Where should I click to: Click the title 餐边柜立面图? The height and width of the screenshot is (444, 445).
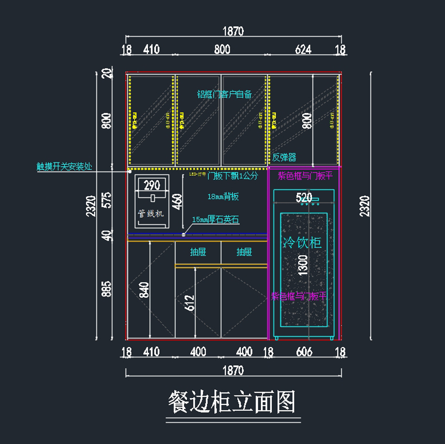pos(232,402)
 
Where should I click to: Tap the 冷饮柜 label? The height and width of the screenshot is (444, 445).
pos(302,243)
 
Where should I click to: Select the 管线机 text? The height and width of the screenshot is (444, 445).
pos(151,213)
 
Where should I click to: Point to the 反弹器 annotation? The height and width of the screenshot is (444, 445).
pos(284,157)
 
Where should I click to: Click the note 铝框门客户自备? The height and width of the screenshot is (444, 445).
pos(224,94)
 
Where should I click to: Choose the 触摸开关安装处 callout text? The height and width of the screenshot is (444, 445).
pos(64,167)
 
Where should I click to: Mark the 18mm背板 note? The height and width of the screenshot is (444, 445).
pos(223,197)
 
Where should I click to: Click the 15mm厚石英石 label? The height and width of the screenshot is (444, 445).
pos(215,220)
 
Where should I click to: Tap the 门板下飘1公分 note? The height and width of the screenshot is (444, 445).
pos(233,175)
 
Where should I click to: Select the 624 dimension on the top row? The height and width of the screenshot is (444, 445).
pos(303,49)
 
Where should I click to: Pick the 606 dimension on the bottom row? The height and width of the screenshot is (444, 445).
pos(304,352)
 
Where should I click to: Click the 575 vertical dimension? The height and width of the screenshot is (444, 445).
pos(106,200)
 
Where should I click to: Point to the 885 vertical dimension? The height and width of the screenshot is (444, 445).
pos(106,289)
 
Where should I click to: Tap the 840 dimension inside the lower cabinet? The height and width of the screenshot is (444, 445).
pos(144,290)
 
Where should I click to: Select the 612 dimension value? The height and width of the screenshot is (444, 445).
pos(189,303)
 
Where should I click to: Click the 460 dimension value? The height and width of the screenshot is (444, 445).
pos(177,201)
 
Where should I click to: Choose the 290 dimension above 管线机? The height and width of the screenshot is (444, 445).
pos(152,185)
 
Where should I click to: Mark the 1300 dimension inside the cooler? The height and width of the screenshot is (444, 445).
pos(303,265)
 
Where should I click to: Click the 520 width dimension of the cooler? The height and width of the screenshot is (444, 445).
pos(304,197)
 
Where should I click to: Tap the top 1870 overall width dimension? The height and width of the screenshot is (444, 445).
pos(233,32)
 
